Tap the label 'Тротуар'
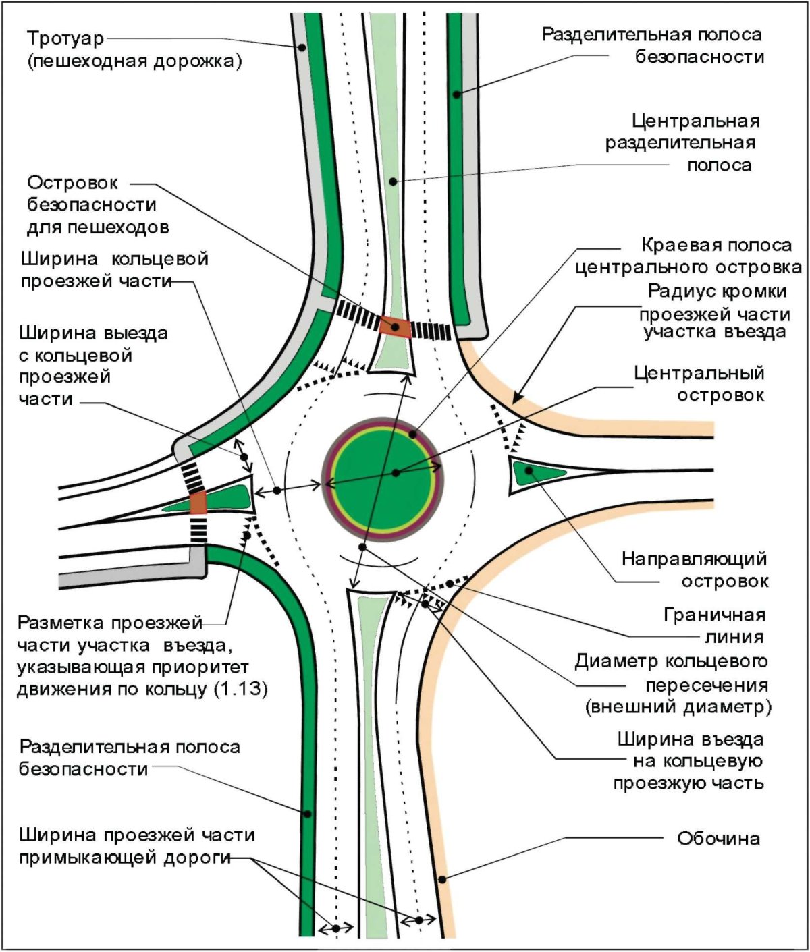point(66,38)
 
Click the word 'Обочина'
point(718,839)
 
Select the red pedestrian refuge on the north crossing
point(395,326)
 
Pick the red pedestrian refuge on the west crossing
point(198,503)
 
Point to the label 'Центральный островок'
point(699,383)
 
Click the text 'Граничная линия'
point(714,625)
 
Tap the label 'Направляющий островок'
point(695,569)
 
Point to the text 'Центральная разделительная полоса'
point(682,143)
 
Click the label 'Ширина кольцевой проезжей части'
point(113,270)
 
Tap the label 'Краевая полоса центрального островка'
point(688,256)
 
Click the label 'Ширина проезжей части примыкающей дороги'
point(135,846)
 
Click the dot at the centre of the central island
point(396,472)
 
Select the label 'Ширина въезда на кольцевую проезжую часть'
point(690,761)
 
